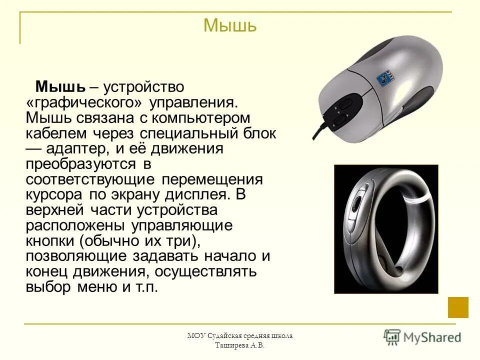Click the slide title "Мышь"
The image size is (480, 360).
point(230,25)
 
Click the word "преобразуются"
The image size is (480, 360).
point(81,164)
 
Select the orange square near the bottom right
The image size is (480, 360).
point(458,307)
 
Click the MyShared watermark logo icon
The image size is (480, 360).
point(392,336)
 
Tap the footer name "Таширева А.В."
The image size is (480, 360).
point(239,345)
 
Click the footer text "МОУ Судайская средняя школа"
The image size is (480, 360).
point(239,336)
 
